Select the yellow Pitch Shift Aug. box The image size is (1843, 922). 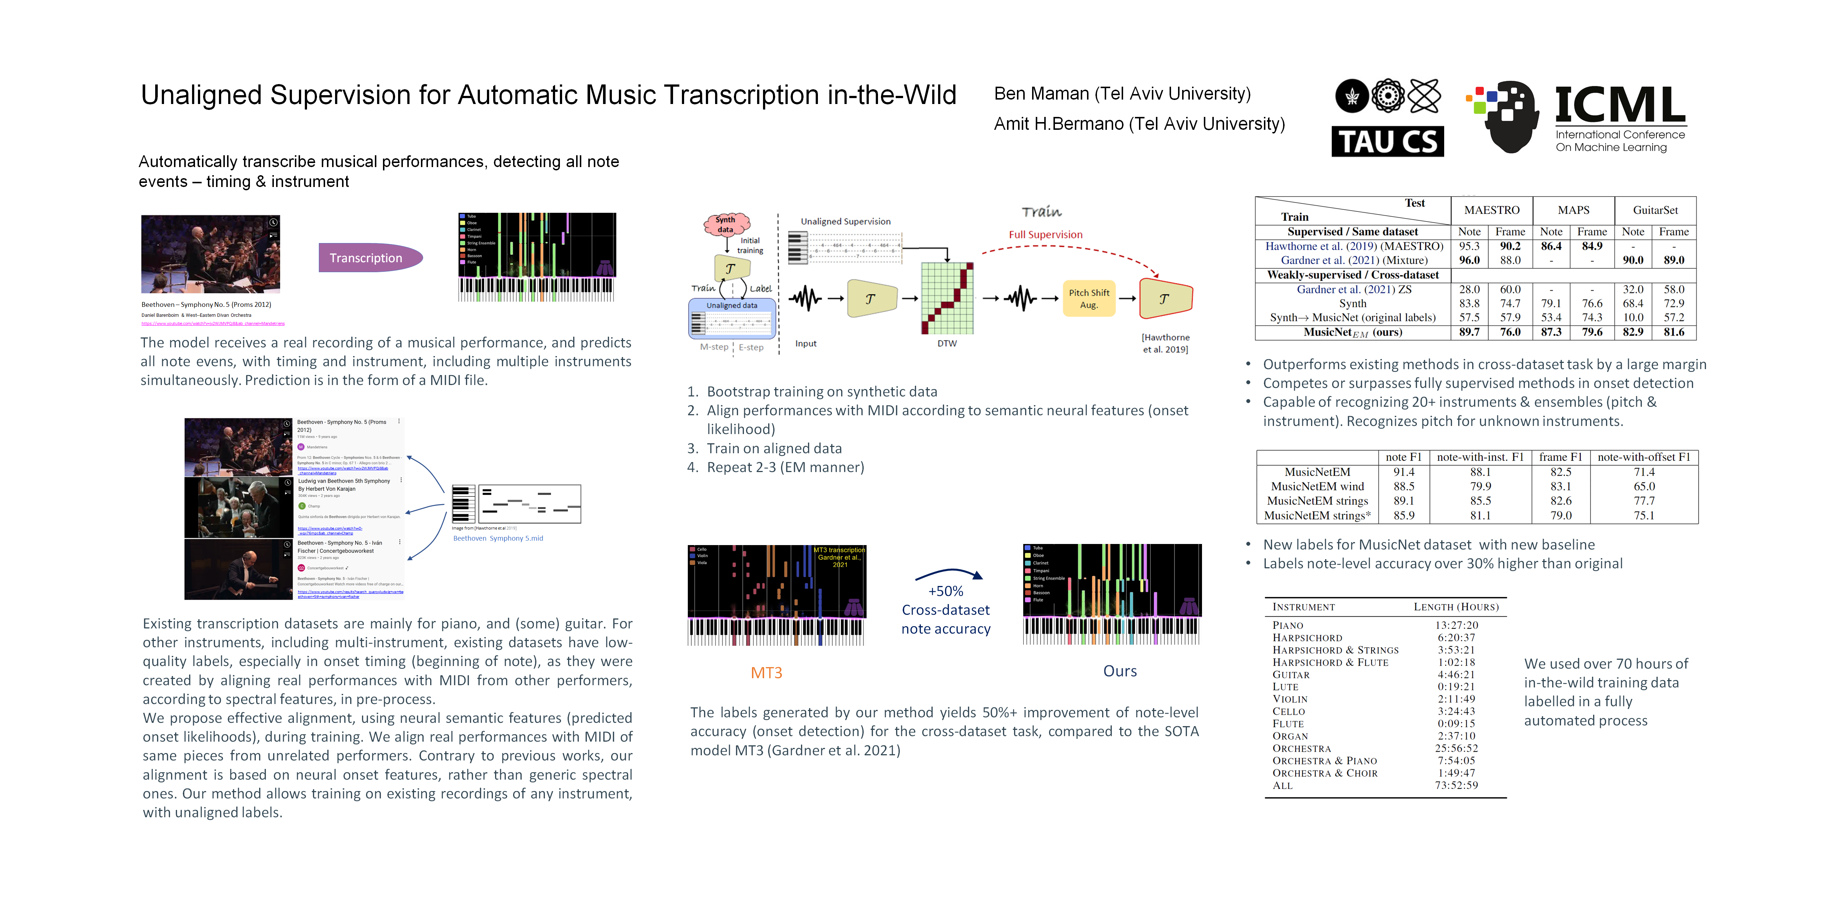coord(1088,298)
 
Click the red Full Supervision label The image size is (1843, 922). coord(1045,235)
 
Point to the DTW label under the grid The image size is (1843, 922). coord(947,344)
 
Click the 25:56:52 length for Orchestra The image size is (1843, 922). coord(1456,748)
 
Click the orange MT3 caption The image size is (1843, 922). coord(766,673)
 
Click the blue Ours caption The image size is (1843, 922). coord(1120,671)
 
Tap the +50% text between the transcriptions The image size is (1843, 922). coord(945,591)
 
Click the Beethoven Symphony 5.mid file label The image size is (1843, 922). coord(498,538)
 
